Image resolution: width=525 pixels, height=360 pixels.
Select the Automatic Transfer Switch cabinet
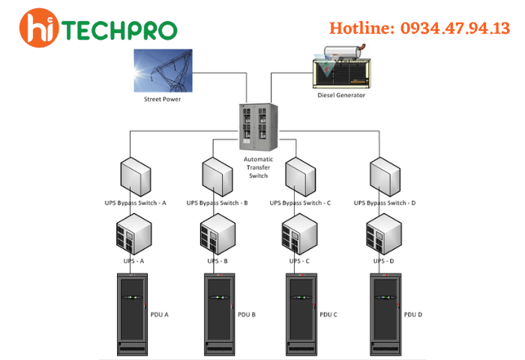(256, 124)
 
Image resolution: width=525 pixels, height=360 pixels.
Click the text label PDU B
(247, 314)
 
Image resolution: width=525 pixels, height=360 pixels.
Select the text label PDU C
(328, 314)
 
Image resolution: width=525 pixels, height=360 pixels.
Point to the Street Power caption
(163, 99)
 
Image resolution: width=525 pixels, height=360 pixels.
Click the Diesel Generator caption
(340, 95)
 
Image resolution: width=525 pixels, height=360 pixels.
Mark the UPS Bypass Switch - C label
(300, 203)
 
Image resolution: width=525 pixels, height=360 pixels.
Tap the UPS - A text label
(133, 261)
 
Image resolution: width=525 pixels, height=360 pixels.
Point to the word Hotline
(360, 28)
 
